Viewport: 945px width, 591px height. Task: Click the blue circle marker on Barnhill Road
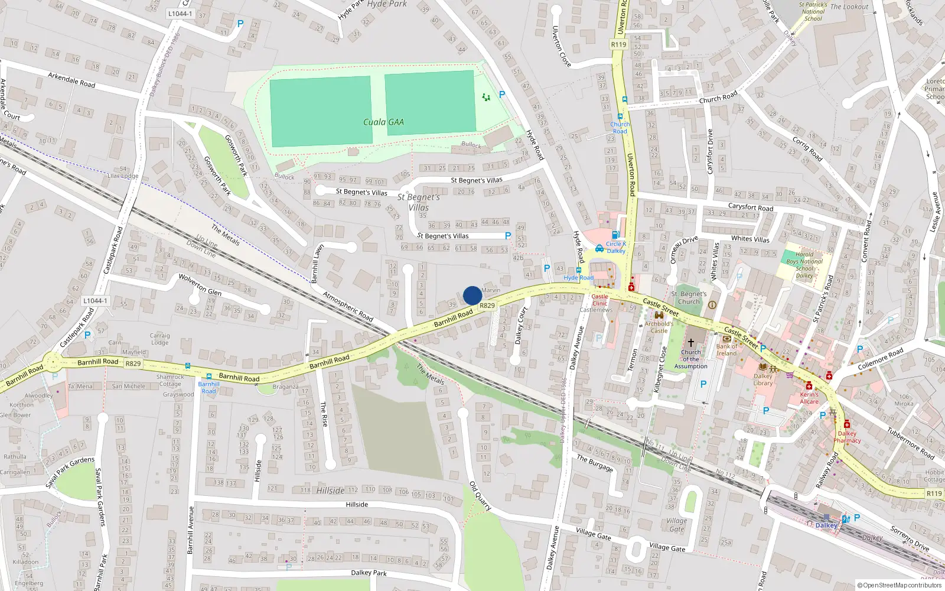(x=472, y=295)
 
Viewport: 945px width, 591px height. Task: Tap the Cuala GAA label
(x=383, y=122)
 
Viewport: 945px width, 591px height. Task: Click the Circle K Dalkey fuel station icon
(x=615, y=235)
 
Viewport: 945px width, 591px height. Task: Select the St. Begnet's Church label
(x=689, y=297)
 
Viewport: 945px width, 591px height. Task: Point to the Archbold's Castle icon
(x=659, y=316)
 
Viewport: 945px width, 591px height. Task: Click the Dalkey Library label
(x=762, y=379)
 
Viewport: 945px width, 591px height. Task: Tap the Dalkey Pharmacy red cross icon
(x=846, y=424)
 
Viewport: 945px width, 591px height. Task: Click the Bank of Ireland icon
(x=726, y=339)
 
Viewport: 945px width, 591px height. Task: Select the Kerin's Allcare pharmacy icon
(x=809, y=386)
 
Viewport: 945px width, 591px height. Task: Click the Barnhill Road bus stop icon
(x=208, y=376)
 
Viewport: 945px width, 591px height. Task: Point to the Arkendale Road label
(x=71, y=79)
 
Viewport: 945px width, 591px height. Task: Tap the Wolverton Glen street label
(x=200, y=284)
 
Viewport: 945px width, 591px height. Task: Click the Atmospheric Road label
(x=348, y=306)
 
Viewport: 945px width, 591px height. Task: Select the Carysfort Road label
(x=750, y=207)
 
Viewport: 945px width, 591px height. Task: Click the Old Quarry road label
(x=480, y=495)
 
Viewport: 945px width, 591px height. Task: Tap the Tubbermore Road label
(x=911, y=443)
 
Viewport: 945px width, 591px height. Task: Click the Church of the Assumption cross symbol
(x=690, y=343)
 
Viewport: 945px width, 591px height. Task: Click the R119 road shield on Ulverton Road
(x=618, y=44)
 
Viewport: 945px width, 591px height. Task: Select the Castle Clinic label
(x=599, y=300)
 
